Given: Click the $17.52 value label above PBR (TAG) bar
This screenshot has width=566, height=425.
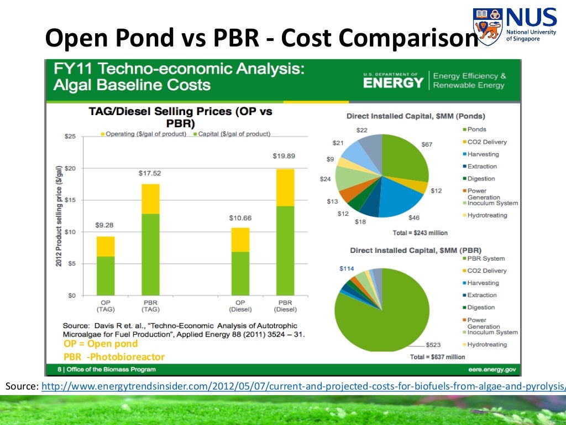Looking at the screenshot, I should [x=150, y=173].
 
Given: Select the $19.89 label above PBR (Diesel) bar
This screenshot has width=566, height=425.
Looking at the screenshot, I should [x=285, y=156].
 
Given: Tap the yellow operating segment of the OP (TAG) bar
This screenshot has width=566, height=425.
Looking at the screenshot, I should [x=106, y=246].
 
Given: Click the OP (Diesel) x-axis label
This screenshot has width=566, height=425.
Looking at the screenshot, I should [x=240, y=306].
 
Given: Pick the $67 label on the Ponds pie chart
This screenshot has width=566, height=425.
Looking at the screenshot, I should [x=427, y=144].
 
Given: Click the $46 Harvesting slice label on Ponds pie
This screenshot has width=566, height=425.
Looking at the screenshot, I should [x=414, y=218].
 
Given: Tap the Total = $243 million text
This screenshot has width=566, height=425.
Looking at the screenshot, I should [x=420, y=233].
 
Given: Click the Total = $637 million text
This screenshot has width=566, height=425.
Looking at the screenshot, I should [x=438, y=357].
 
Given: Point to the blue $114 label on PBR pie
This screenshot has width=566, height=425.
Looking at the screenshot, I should [x=347, y=268].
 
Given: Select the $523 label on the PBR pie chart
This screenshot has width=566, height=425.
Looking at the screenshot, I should [x=433, y=345].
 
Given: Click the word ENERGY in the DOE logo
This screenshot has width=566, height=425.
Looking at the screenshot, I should [x=393, y=83].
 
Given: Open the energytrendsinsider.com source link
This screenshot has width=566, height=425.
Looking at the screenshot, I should [x=305, y=386].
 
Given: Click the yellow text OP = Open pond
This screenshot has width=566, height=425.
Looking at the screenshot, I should [x=100, y=344].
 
